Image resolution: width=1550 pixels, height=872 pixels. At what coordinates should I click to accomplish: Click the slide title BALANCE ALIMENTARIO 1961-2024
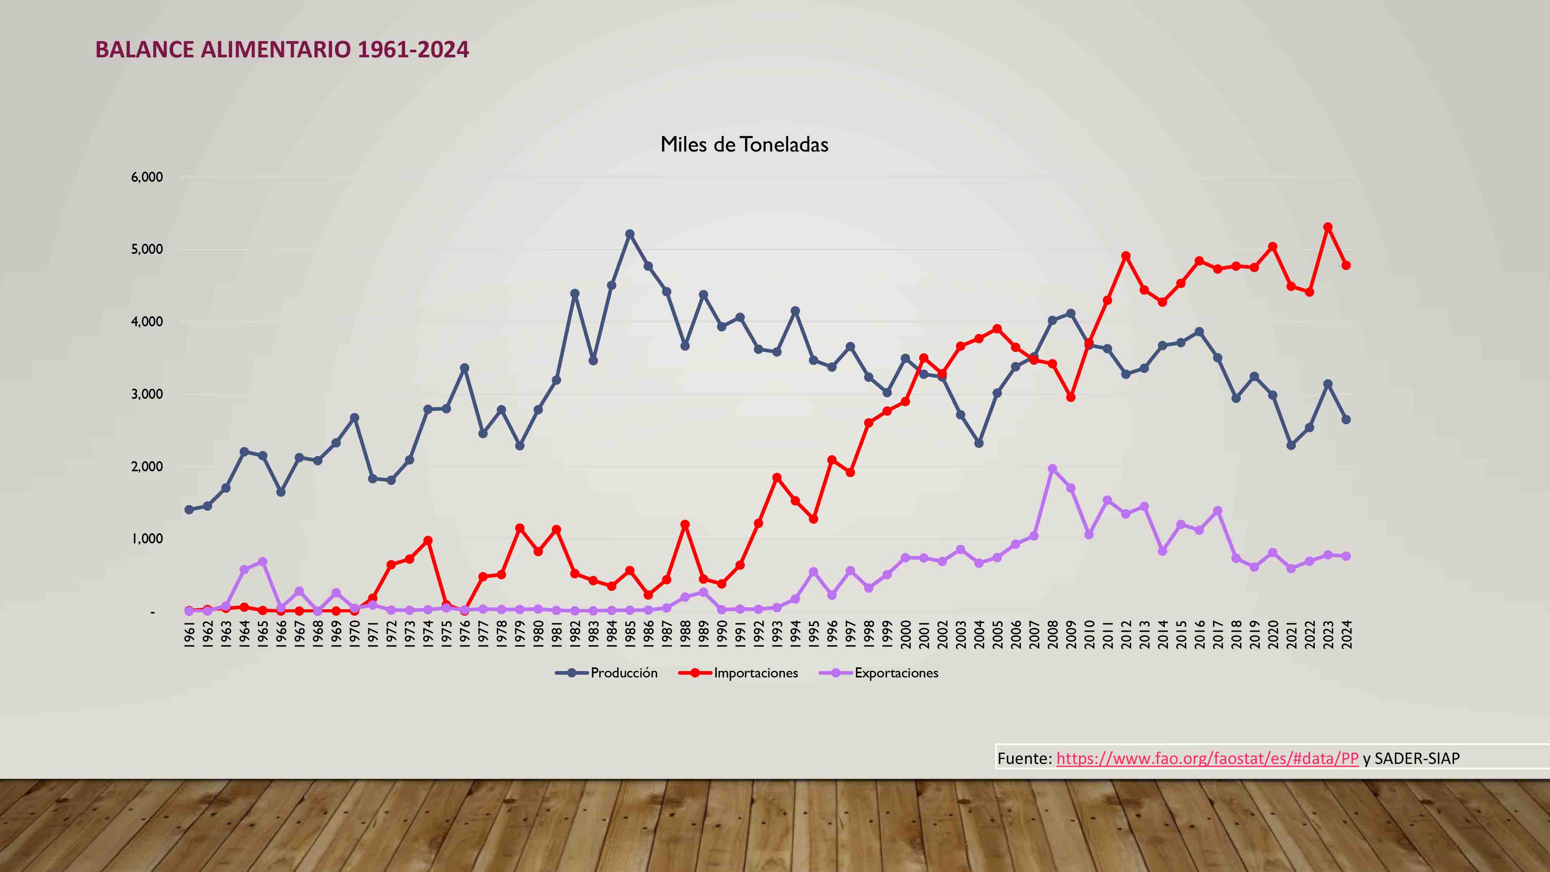282,49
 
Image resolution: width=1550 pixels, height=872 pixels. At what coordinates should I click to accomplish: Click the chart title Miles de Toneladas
744,145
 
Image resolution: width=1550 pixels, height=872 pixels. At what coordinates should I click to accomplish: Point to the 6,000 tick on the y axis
147,177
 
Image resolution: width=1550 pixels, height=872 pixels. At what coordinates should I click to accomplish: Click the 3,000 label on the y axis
147,394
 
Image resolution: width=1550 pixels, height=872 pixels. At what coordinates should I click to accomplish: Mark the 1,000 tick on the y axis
147,539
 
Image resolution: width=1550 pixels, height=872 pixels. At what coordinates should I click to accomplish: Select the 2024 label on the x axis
1347,635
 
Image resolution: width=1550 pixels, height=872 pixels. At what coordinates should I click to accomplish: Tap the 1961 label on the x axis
189,635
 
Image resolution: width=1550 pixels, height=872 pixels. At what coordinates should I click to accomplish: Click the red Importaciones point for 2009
1070,397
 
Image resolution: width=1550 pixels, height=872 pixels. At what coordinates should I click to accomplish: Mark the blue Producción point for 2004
979,443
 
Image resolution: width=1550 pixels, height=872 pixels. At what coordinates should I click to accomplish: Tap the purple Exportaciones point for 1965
262,562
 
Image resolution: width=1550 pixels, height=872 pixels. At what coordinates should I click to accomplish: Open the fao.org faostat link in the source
1207,758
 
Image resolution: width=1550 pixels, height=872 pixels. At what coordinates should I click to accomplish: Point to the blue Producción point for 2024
1347,419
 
